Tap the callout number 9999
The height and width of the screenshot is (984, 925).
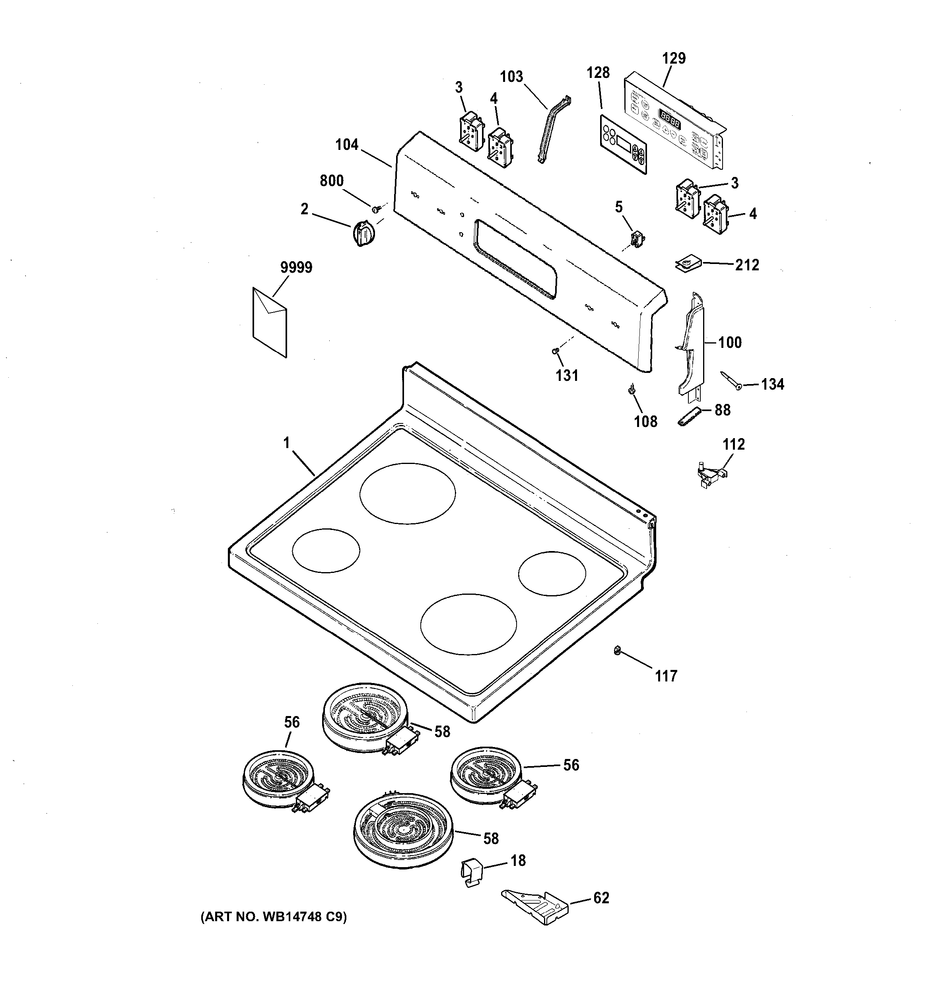296,268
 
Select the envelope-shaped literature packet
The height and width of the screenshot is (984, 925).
269,321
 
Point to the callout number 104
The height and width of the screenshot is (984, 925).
347,145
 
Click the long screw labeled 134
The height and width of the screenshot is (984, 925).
730,380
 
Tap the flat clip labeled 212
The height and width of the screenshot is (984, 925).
687,263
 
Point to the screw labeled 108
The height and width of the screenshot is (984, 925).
632,389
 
